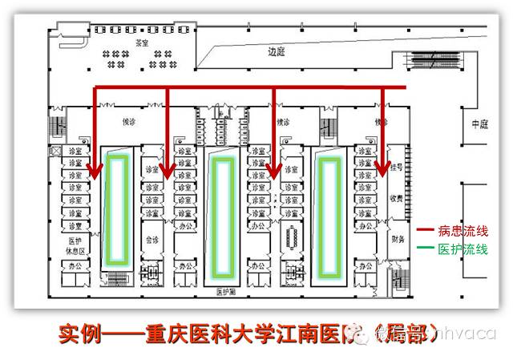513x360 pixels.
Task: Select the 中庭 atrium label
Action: pyautogui.click(x=480, y=123)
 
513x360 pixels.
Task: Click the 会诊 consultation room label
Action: pyautogui.click(x=152, y=239)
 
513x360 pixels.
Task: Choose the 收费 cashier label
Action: pyautogui.click(x=396, y=197)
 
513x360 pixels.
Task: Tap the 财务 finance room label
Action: pyautogui.click(x=396, y=238)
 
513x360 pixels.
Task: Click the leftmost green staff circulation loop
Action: pyautogui.click(x=119, y=208)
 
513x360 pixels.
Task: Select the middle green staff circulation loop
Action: pyautogui.click(x=221, y=212)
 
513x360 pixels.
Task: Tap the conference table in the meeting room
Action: pyautogui.click(x=290, y=238)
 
